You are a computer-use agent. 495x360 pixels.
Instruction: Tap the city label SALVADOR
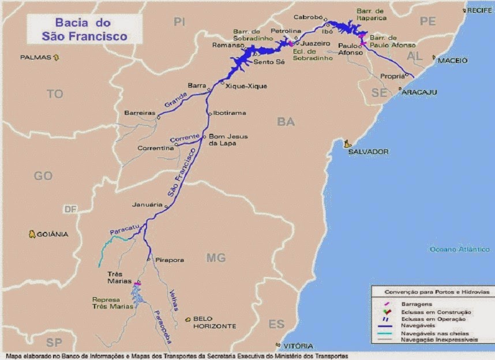click(368, 152)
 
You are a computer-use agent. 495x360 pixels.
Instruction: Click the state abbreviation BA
click(286, 121)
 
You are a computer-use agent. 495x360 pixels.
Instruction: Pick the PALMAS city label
click(36, 58)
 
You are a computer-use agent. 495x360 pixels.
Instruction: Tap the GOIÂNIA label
click(52, 234)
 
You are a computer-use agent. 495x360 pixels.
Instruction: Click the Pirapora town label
click(170, 261)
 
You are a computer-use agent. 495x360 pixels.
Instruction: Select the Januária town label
click(147, 204)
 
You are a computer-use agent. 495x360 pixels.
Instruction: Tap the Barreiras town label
click(140, 113)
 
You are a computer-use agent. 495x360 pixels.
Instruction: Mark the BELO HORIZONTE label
click(215, 322)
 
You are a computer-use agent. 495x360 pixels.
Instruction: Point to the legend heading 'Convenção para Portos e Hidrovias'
click(432, 292)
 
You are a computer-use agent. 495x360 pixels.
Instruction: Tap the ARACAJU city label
click(419, 92)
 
